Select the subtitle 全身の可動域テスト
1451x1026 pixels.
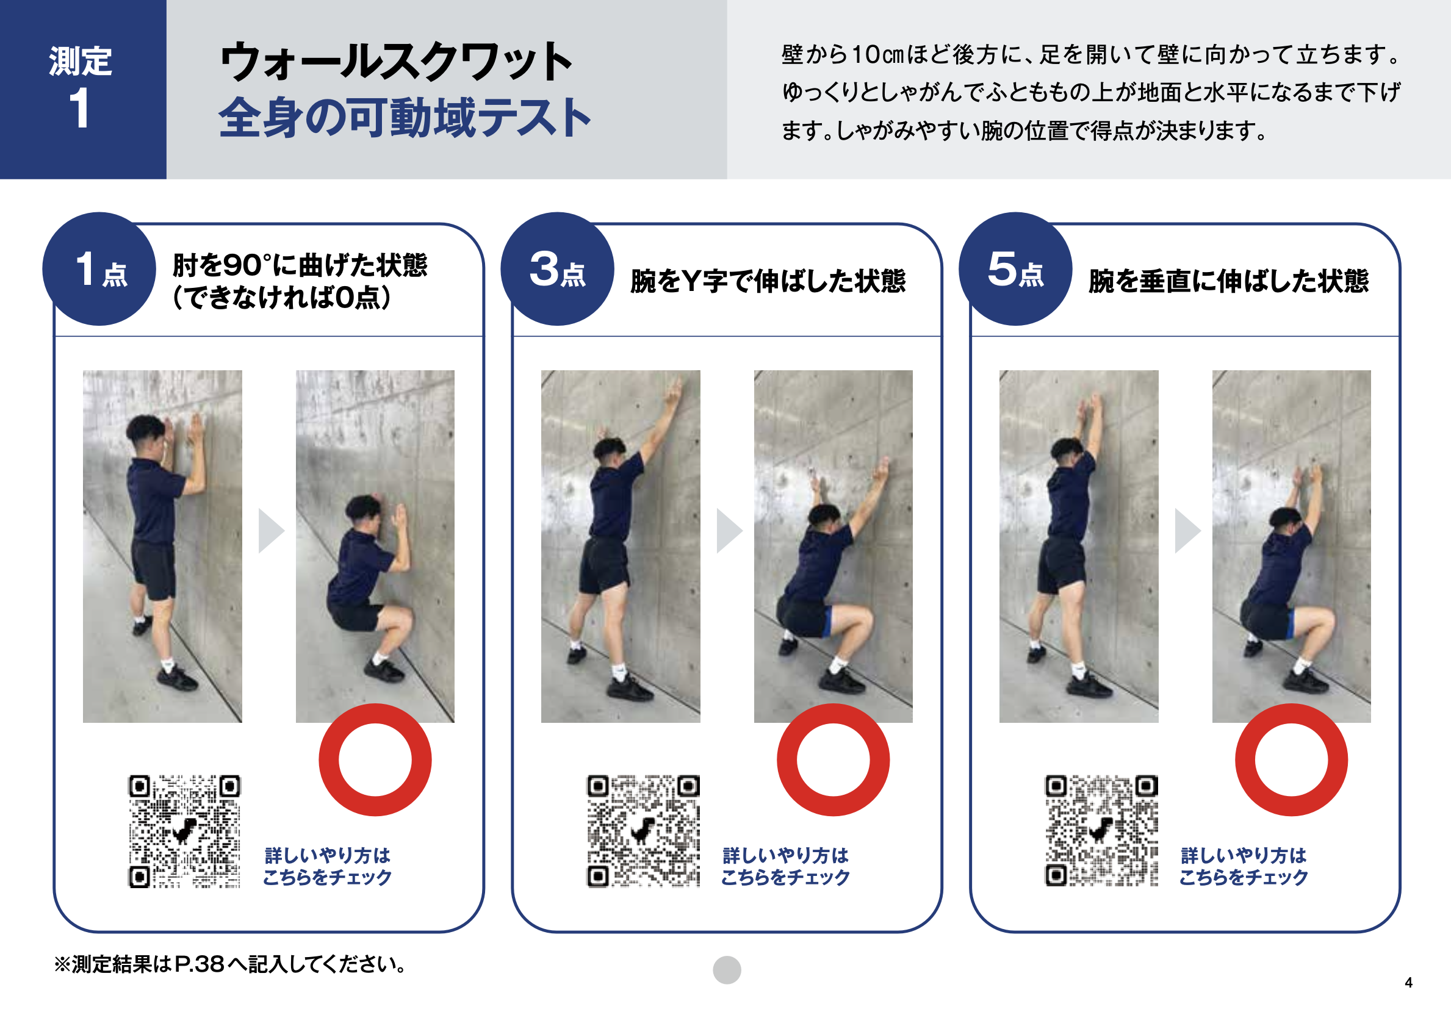tap(405, 118)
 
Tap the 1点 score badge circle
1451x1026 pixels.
tap(99, 269)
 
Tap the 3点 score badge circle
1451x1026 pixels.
tap(558, 269)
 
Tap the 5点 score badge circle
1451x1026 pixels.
tap(1015, 269)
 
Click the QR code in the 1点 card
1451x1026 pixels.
tap(184, 831)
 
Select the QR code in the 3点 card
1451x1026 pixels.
tap(643, 831)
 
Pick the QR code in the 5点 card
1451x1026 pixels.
tap(1101, 831)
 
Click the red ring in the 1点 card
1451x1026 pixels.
tap(329, 760)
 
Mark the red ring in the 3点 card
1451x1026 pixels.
tap(787, 760)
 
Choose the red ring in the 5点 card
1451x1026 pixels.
tap(1245, 760)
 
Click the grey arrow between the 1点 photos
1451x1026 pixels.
tap(271, 531)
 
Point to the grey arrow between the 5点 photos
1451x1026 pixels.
tap(1187, 531)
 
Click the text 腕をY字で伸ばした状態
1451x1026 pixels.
tap(768, 281)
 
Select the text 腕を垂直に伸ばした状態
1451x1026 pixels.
tap(1228, 281)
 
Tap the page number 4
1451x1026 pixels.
tap(1409, 983)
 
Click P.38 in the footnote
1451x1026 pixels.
tap(199, 964)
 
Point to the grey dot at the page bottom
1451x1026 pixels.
tap(727, 970)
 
